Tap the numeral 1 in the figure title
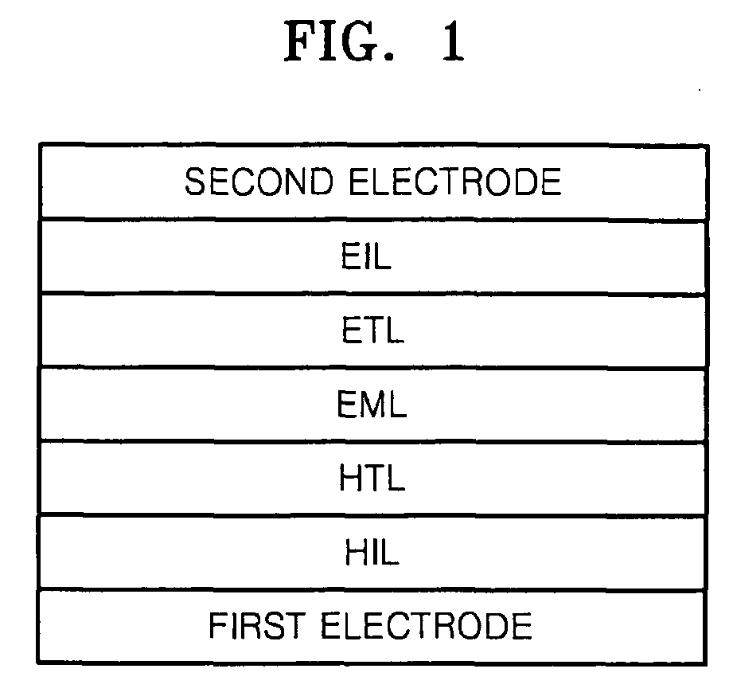451,45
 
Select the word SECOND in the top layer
260,182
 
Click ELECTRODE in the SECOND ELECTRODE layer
455,182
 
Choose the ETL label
371,331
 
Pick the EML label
372,405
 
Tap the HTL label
372,479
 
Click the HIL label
372,553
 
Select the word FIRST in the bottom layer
259,627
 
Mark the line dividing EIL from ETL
372,294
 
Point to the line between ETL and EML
372,368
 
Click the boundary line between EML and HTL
372,443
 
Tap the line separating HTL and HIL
372,516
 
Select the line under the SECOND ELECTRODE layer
372,220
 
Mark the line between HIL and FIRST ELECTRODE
372,589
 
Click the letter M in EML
372,405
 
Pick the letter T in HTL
372,479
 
